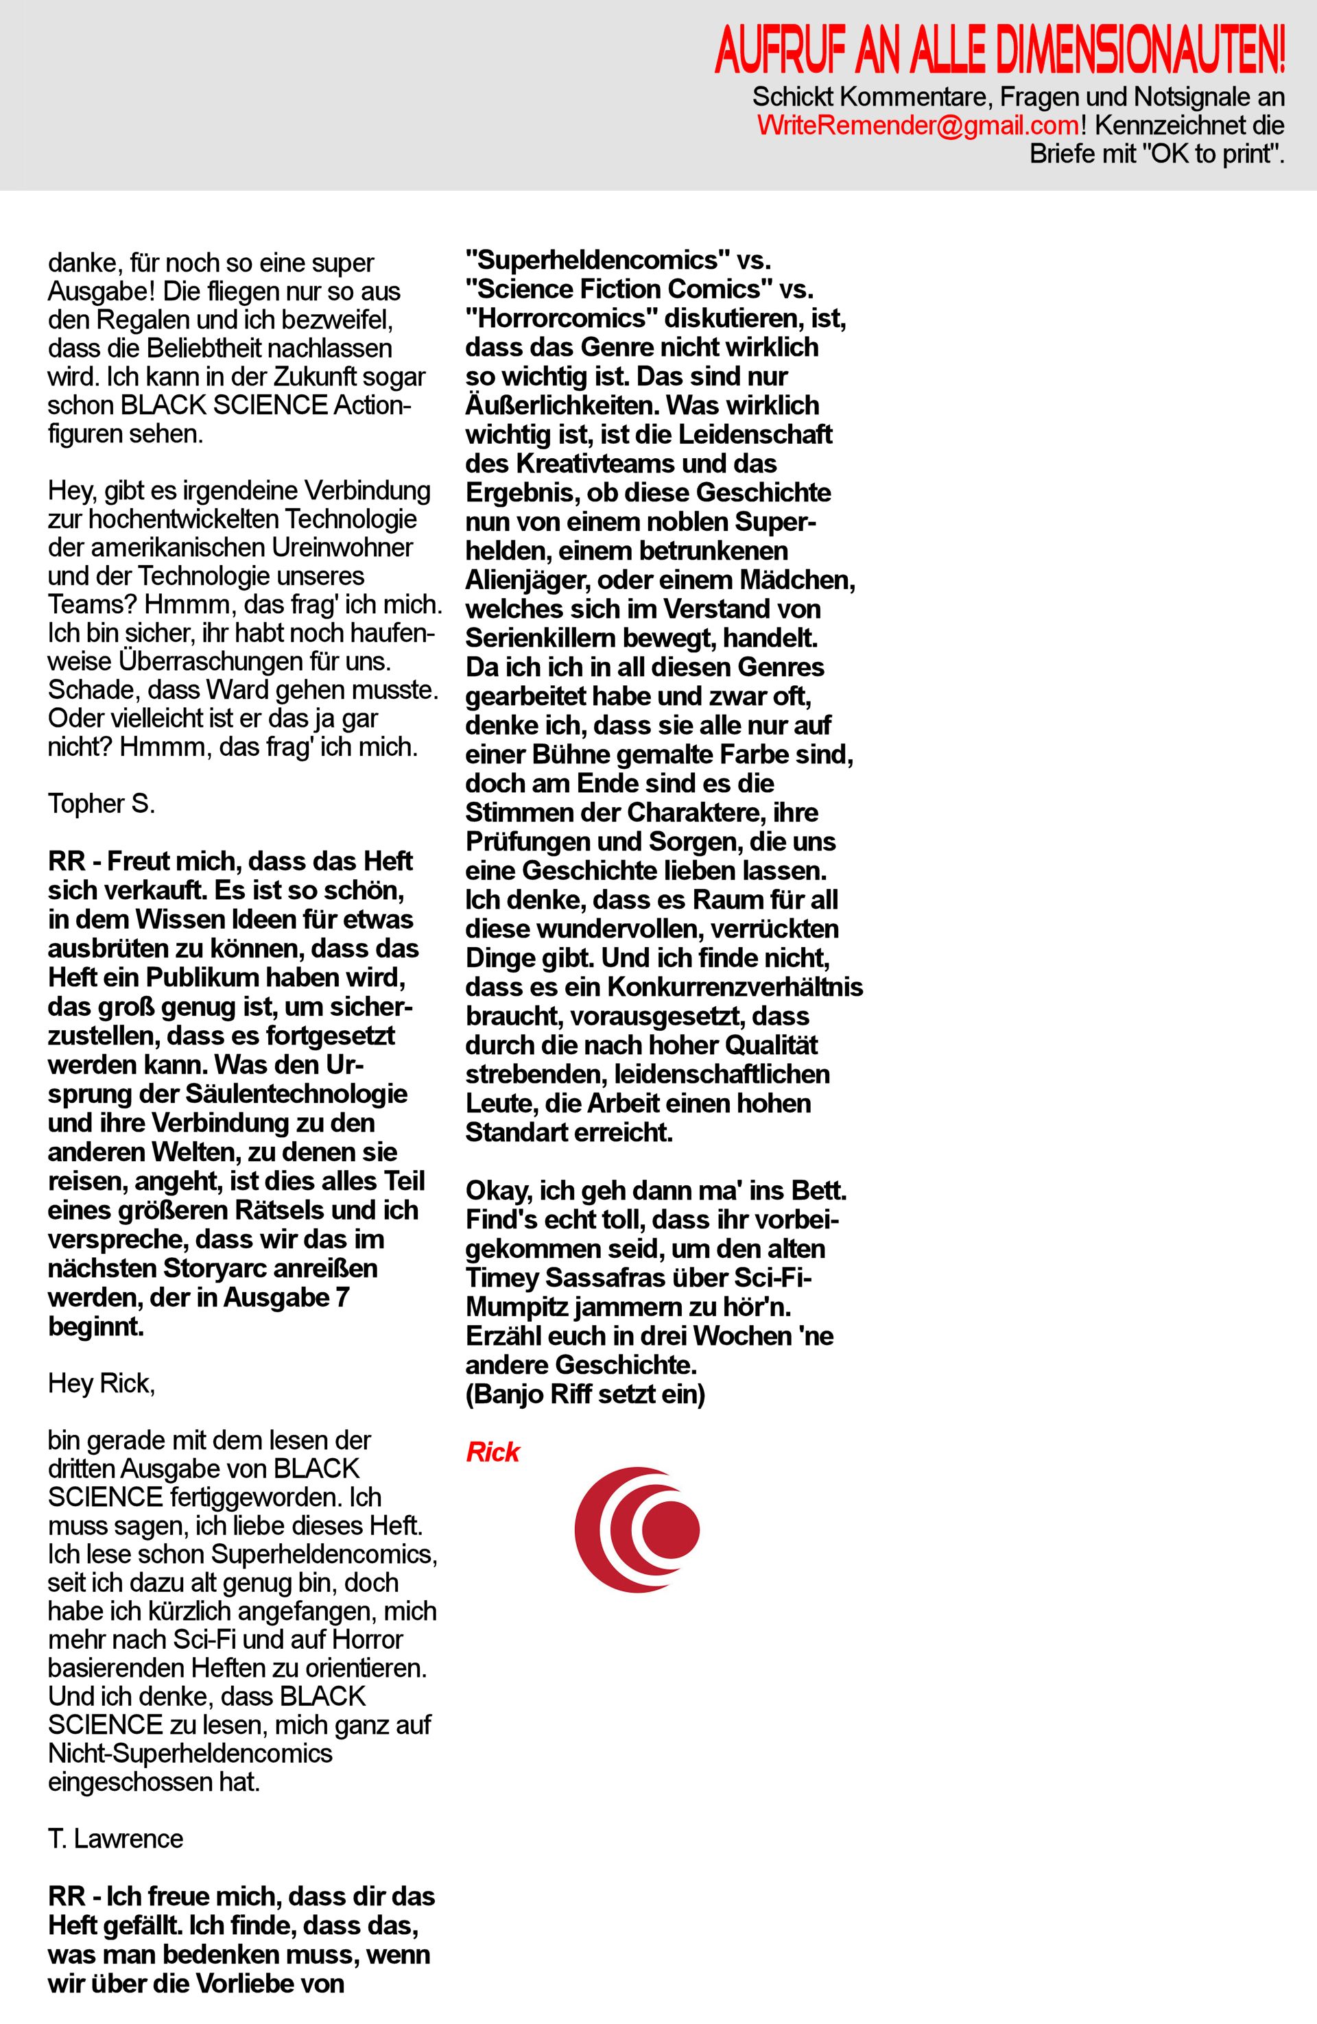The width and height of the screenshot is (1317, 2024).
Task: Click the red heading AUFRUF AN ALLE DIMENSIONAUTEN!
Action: [x=999, y=50]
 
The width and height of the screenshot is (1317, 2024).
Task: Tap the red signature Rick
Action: [x=493, y=1452]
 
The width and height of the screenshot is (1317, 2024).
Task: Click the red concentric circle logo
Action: [x=637, y=1529]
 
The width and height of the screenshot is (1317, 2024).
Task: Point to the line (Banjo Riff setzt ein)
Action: [x=585, y=1396]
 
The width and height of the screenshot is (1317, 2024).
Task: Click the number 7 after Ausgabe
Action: [x=343, y=1297]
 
